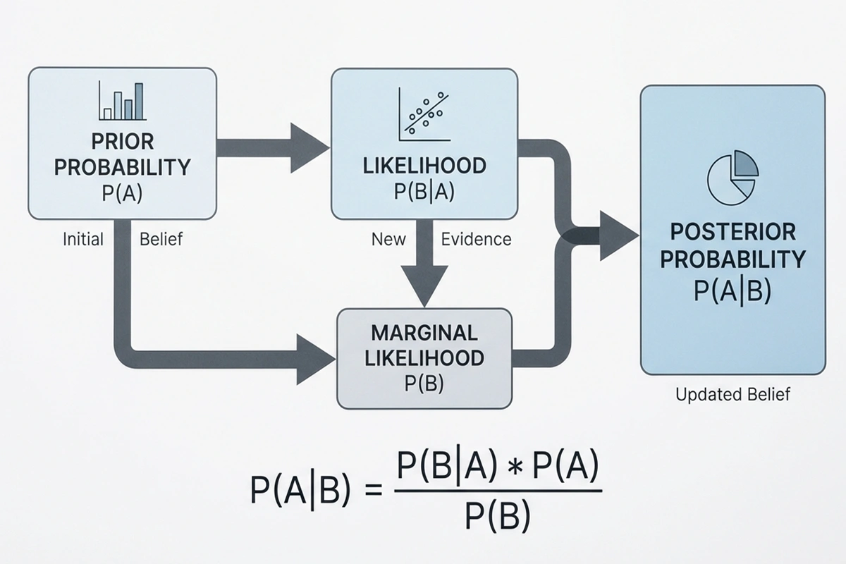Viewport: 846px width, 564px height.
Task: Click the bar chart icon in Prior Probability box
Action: point(122,101)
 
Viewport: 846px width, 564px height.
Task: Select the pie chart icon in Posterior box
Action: point(732,174)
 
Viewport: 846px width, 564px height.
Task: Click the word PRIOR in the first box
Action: point(122,141)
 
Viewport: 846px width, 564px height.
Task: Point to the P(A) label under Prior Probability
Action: point(122,193)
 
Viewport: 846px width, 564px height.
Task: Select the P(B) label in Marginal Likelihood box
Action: point(424,384)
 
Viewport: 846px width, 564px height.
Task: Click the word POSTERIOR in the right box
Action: point(732,232)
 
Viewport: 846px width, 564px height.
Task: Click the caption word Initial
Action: point(82,239)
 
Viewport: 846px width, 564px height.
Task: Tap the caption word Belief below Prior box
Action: point(161,239)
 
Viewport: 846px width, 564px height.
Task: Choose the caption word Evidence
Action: point(476,239)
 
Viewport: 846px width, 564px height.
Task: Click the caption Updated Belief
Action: point(732,394)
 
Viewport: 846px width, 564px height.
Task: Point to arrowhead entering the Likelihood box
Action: point(309,147)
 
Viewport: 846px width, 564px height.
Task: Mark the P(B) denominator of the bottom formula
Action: point(497,518)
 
